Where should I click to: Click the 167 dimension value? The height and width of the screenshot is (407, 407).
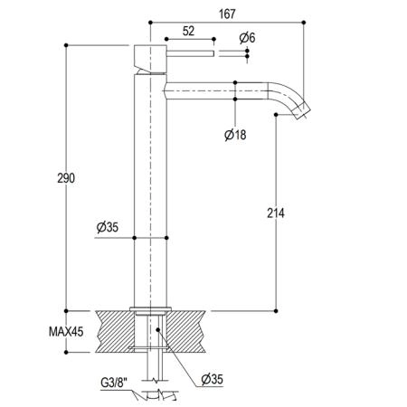pyautogui.click(x=227, y=14)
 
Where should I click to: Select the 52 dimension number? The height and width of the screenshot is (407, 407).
pyautogui.click(x=188, y=31)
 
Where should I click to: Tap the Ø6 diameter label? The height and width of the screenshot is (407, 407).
pyautogui.click(x=247, y=38)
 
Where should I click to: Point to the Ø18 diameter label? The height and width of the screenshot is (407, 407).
pyautogui.click(x=235, y=135)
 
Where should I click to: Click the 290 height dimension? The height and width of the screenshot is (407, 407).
pyautogui.click(x=66, y=178)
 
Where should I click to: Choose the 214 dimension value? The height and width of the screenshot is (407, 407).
pyautogui.click(x=276, y=213)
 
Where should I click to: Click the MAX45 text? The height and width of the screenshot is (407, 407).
pyautogui.click(x=66, y=332)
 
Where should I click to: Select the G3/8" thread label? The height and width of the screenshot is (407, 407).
pyautogui.click(x=114, y=383)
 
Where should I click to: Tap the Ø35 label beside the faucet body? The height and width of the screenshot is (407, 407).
pyautogui.click(x=108, y=227)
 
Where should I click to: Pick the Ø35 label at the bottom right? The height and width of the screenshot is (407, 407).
pyautogui.click(x=213, y=379)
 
